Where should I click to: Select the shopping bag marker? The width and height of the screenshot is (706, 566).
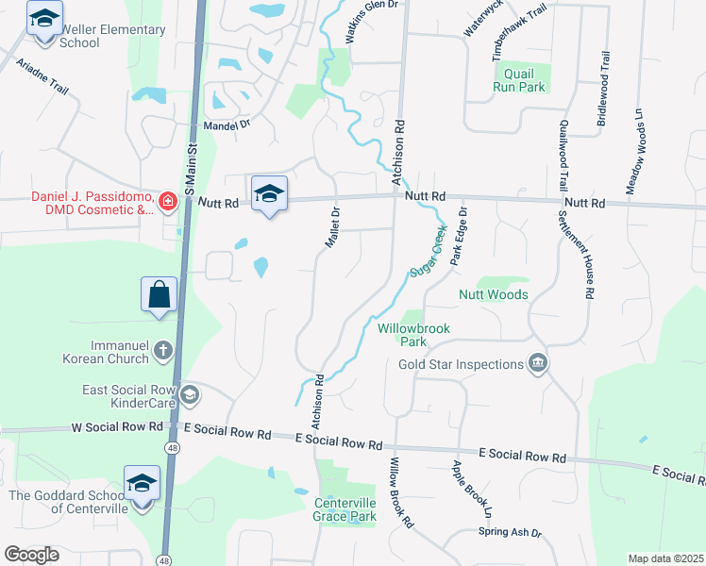[159, 294]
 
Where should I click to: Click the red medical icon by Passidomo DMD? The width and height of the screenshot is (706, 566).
[167, 201]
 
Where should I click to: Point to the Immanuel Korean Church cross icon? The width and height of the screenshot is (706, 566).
[163, 352]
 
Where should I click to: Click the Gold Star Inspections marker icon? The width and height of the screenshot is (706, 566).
[538, 364]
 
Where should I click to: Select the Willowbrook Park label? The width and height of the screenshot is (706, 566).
[414, 335]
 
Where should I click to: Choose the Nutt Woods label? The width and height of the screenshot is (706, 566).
[493, 295]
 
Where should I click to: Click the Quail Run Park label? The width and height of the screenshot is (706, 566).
[519, 80]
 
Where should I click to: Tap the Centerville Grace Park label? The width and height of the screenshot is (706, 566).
[345, 509]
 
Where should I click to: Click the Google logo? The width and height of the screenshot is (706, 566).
[32, 555]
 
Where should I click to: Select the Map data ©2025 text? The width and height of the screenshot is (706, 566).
[664, 558]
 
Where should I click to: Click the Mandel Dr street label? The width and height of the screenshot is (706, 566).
[226, 124]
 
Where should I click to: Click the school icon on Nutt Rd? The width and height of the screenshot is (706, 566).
[269, 193]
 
